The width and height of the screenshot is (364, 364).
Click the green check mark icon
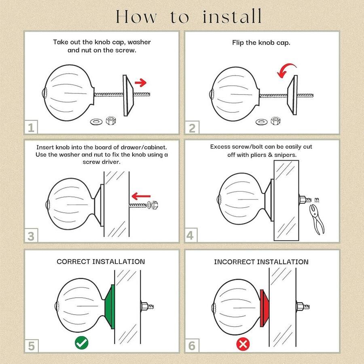click(81, 343)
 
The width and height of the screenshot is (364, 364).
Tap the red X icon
click(243, 344)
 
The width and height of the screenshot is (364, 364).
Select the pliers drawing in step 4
click(317, 219)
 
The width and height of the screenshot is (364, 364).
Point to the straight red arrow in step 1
click(140, 83)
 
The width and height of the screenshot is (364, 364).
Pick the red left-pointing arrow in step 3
click(141, 196)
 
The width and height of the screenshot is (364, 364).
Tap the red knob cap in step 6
click(264, 308)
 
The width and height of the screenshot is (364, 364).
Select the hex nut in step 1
click(111, 121)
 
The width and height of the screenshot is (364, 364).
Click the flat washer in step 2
click(261, 122)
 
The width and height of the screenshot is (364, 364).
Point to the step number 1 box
click(31, 127)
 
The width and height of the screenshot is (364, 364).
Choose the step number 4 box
click(190, 235)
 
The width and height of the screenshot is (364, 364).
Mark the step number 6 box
click(192, 346)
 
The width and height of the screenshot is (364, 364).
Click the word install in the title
click(232, 16)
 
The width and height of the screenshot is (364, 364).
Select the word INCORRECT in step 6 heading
click(235, 262)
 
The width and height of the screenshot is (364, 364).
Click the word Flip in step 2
click(238, 43)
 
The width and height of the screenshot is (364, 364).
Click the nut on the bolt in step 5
click(144, 307)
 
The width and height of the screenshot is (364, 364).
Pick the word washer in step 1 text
click(139, 42)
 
